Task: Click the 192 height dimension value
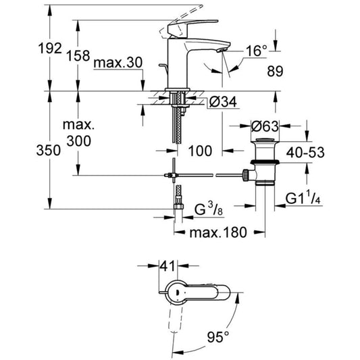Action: tap(50, 49)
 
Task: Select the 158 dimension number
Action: tap(78, 56)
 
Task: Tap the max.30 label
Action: tap(118, 62)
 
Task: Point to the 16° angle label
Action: tap(257, 51)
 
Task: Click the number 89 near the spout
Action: tap(275, 71)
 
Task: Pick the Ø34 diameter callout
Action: tap(223, 102)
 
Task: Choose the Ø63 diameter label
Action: tap(265, 126)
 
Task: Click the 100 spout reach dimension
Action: tap(200, 151)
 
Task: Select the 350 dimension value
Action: tap(49, 151)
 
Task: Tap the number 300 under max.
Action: tap(79, 141)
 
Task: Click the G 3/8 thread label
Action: tap(209, 209)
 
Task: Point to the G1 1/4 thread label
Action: tap(303, 199)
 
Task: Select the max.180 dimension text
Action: tap(218, 232)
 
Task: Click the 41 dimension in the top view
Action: tap(167, 266)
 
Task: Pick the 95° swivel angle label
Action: tap(218, 337)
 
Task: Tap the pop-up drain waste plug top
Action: tap(265, 140)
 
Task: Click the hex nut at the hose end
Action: tap(178, 207)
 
